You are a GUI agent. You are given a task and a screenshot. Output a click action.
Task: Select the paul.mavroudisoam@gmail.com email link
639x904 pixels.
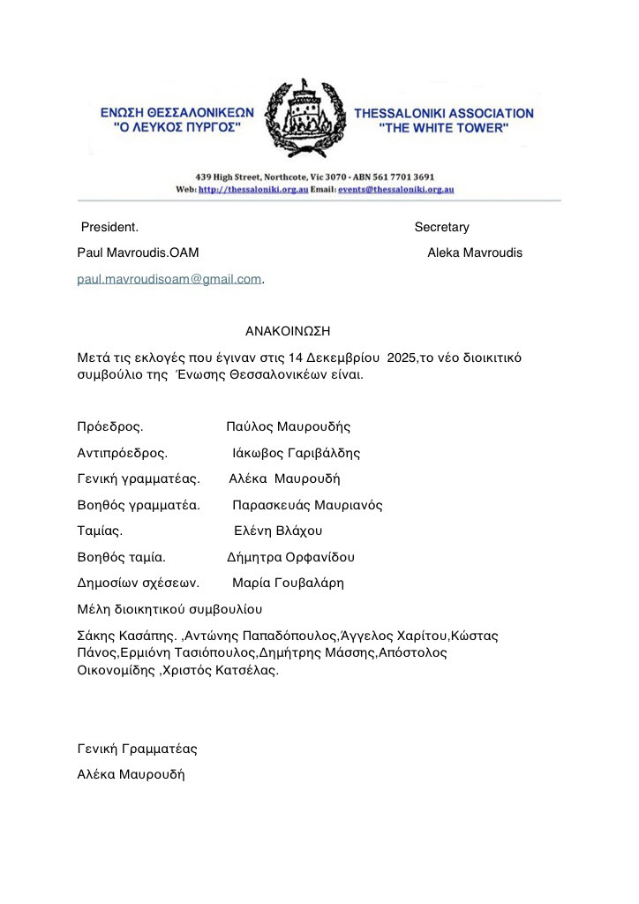coord(169,279)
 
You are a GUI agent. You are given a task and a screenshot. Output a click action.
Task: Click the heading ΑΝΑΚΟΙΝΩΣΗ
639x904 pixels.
coord(288,331)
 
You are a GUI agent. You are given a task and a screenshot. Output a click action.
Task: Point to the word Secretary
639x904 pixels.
coord(441,227)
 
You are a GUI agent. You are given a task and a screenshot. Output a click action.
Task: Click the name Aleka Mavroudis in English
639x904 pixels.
coord(474,252)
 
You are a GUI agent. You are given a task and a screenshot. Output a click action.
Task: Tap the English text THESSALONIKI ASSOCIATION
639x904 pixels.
coord(443,113)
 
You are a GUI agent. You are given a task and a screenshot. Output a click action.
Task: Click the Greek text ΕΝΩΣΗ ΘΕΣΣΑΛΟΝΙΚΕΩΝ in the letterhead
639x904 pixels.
coord(177,113)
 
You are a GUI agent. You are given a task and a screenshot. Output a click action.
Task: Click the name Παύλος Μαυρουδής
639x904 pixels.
coord(289,427)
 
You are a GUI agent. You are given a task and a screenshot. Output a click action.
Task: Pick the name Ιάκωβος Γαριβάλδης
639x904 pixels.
coord(296,453)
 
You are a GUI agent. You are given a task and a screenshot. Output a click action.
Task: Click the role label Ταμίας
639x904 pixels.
coord(100,531)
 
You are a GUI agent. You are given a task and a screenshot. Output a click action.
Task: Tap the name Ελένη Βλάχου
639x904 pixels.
coord(278,531)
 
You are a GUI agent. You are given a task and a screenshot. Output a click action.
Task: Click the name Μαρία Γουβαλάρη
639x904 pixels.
coord(288,583)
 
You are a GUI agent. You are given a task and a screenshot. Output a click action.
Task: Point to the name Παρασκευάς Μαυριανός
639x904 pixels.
coord(307,505)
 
